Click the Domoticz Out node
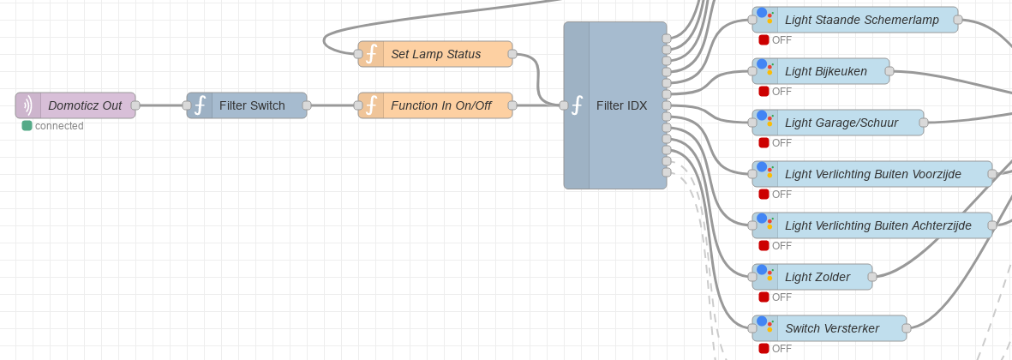click(x=84, y=105)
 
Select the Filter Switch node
click(x=251, y=105)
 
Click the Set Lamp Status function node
click(x=435, y=54)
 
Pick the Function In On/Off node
click(x=440, y=105)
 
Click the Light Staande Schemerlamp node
click(x=861, y=20)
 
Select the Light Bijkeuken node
click(x=825, y=71)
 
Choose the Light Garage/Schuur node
click(x=841, y=123)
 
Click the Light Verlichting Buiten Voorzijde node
click(x=872, y=174)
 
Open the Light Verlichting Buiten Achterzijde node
click(x=877, y=225)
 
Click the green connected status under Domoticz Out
click(x=27, y=126)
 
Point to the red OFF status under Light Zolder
click(x=763, y=297)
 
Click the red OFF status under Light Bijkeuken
click(x=763, y=92)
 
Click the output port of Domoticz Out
click(x=135, y=105)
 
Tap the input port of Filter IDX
click(x=564, y=105)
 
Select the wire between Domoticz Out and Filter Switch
click(x=161, y=105)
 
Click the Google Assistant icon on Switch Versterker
click(x=765, y=327)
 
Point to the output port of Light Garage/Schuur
click(x=924, y=123)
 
